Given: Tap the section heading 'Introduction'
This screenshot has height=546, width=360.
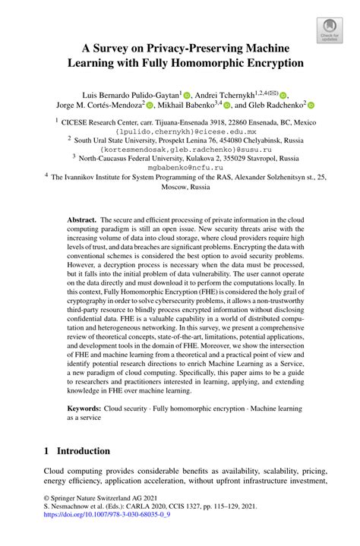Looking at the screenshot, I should point(84,451).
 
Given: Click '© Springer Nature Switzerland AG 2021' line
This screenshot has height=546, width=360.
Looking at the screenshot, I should point(99,513).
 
